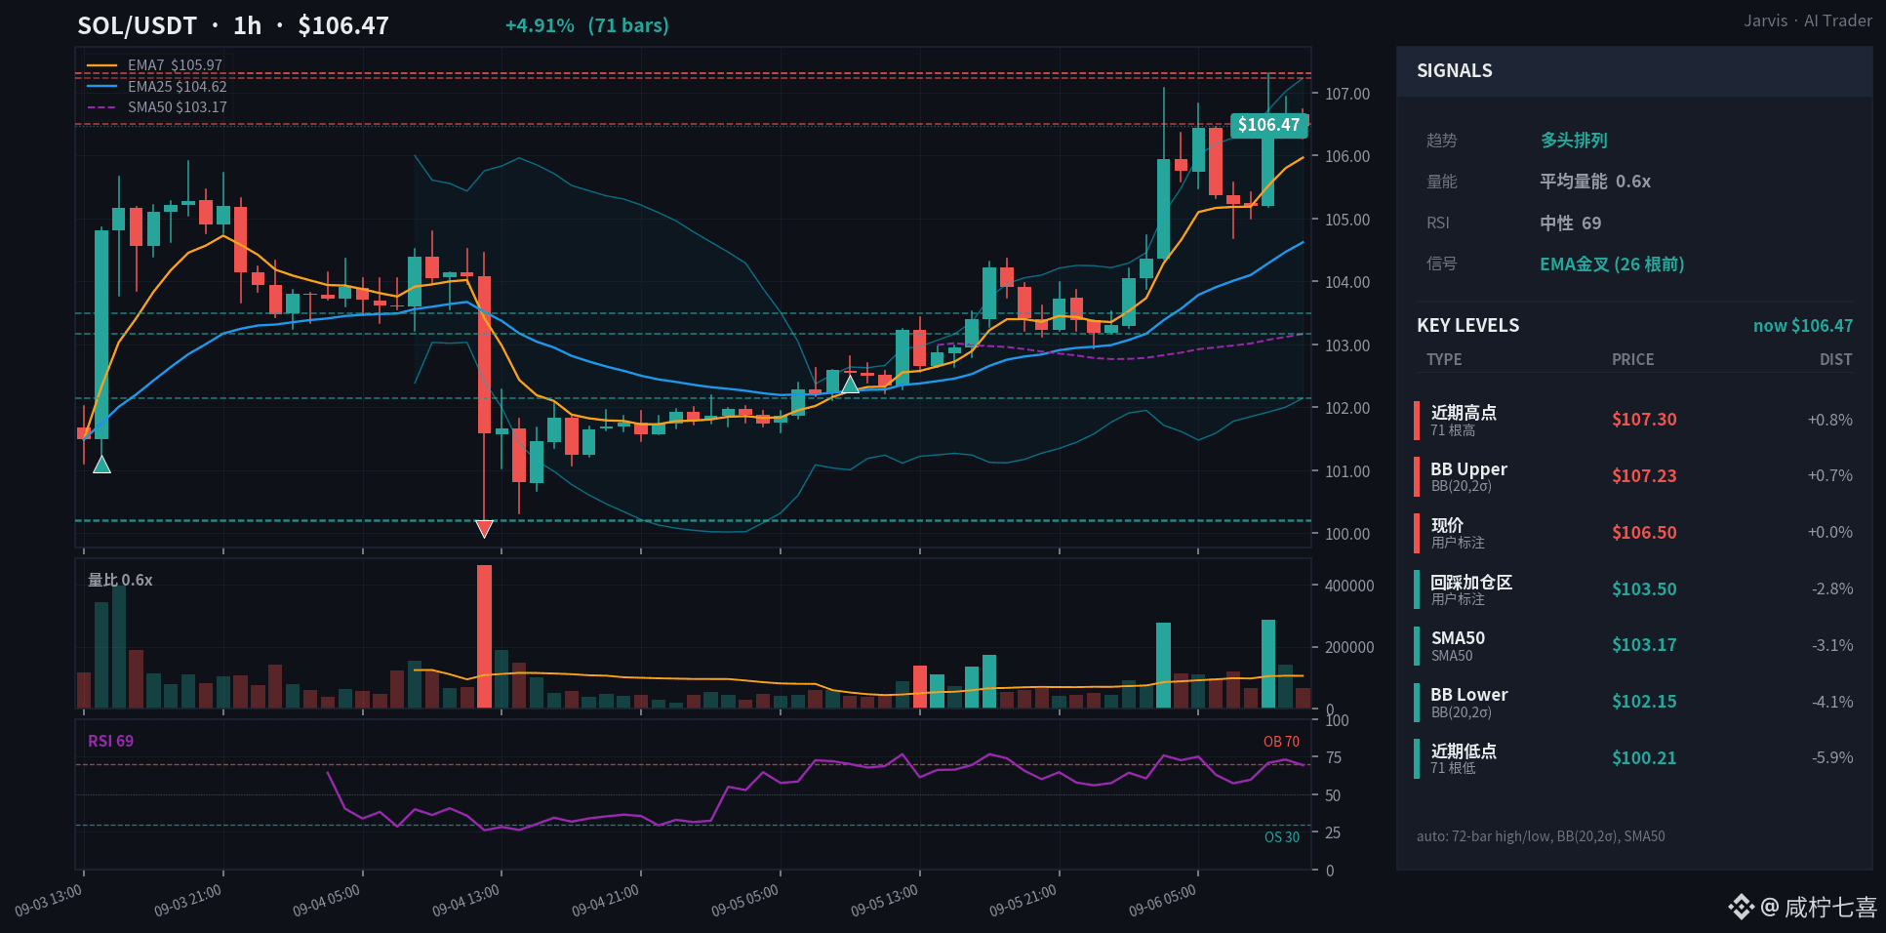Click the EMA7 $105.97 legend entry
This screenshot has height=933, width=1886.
156,65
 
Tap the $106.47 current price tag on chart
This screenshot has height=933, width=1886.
1268,125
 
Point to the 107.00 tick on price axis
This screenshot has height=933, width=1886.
1347,94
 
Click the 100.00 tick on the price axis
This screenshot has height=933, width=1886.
1347,534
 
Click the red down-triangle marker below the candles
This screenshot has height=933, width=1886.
484,529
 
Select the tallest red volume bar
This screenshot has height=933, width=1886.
484,636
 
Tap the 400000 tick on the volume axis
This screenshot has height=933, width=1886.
1349,586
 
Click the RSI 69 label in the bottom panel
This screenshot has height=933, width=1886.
110,741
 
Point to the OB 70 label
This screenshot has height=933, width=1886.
1281,742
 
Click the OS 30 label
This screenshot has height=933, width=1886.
1282,837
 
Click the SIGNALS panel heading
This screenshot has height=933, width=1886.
1455,70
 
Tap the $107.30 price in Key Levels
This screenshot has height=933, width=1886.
1644,420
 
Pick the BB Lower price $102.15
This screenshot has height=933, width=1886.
1644,702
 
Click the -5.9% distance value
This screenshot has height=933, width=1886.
1832,757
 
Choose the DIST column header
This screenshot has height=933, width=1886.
1835,359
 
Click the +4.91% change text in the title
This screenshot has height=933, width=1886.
540,25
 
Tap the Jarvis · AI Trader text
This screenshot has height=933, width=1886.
1808,20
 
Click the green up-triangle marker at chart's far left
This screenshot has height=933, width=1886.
101,465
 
